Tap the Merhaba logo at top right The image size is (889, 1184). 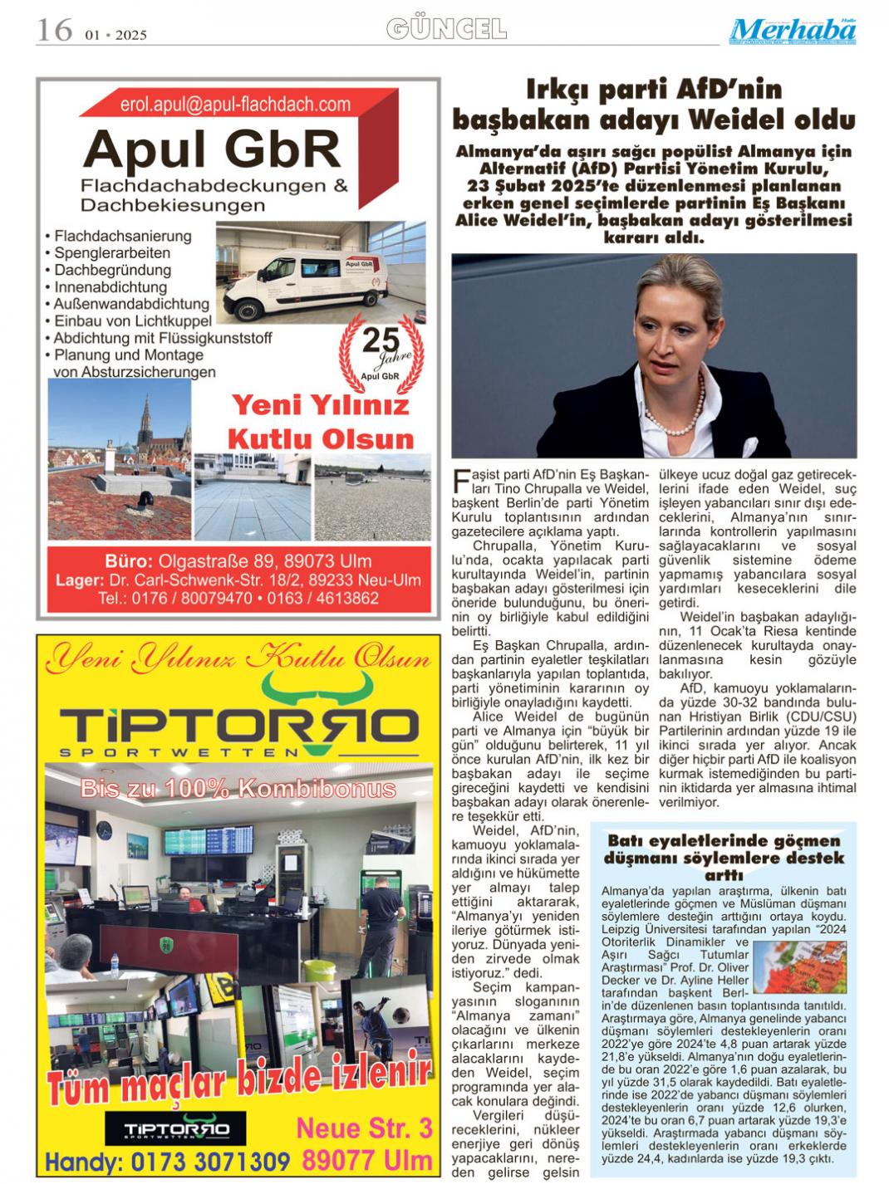coord(793,31)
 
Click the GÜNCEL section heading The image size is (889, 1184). coord(446,30)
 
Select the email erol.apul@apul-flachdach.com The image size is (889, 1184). coord(235,105)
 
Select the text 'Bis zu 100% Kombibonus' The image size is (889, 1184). coord(238,789)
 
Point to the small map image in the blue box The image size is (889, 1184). coord(799,965)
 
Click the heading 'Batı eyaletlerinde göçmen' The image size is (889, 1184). coord(724,841)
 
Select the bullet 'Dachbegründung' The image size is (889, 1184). coord(113,270)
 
